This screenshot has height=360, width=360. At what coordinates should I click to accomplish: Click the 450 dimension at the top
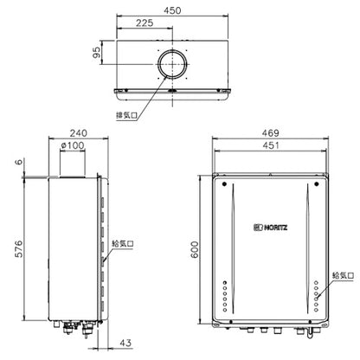(x=172, y=10)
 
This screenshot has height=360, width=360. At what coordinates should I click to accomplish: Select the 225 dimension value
(x=145, y=22)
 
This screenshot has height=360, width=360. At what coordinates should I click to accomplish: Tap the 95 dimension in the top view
(x=97, y=53)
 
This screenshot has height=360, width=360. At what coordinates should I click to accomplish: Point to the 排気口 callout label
(x=126, y=115)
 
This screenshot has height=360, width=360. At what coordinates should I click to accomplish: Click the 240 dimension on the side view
(x=78, y=133)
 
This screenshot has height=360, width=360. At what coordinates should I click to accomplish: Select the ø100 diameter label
(x=73, y=145)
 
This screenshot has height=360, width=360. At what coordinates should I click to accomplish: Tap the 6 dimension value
(x=18, y=161)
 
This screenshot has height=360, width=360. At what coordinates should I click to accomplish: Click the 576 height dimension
(x=18, y=249)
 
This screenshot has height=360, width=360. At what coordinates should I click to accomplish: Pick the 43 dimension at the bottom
(x=125, y=343)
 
